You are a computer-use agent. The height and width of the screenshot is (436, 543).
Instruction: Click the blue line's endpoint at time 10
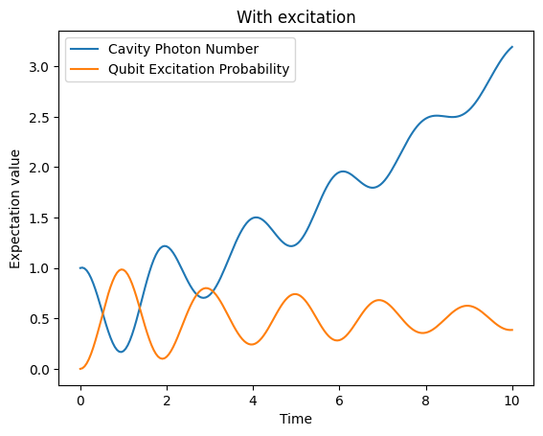512,47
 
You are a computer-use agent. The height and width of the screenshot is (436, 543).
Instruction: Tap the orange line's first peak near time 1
122,269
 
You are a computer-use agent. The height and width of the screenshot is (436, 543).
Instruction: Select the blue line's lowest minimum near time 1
121,352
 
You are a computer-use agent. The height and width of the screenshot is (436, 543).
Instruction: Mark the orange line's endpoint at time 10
512,330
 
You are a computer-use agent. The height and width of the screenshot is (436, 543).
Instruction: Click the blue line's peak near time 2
165,246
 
